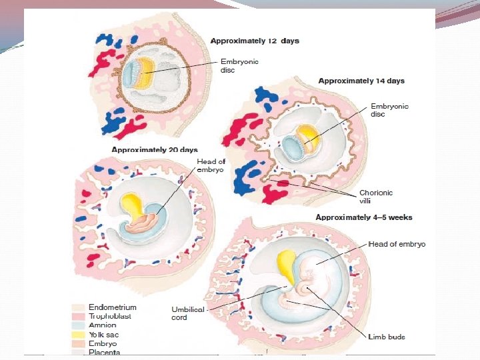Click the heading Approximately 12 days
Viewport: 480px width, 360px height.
[x=255, y=41]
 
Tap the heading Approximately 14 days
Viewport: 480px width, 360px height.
[x=361, y=81]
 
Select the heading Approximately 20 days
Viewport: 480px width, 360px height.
[x=155, y=149]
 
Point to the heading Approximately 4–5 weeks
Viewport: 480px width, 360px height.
[x=364, y=217]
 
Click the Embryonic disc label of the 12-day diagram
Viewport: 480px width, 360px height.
[x=239, y=66]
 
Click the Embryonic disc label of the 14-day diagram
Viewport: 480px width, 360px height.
[x=389, y=110]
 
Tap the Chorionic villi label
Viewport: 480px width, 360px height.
[x=376, y=197]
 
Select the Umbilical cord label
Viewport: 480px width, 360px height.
[x=188, y=313]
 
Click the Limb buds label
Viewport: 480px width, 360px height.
[x=387, y=337]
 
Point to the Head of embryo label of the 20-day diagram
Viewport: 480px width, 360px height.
[x=212, y=165]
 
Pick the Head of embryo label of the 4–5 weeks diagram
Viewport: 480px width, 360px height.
[x=397, y=245]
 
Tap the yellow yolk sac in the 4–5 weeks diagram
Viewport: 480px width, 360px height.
[x=287, y=263]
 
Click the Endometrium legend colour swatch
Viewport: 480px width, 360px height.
[x=77, y=308]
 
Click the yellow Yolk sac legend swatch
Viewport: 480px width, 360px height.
[x=77, y=335]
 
